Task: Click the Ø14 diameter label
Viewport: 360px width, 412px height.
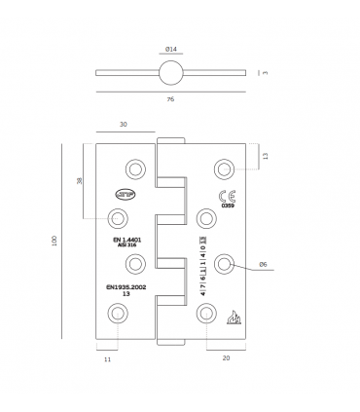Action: click(170, 49)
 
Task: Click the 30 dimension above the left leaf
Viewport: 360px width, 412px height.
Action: click(125, 124)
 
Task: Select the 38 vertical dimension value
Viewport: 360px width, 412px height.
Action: click(78, 181)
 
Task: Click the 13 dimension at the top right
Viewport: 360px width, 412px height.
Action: click(265, 156)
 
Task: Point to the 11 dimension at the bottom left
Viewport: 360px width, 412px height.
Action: click(107, 359)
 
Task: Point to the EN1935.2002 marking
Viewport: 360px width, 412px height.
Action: click(123, 288)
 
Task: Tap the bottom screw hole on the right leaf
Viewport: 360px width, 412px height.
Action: click(204, 313)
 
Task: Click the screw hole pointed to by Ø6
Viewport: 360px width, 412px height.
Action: click(225, 264)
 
